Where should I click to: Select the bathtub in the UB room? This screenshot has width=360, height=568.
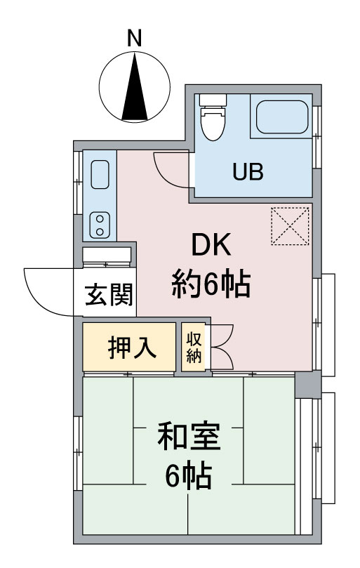(281, 117)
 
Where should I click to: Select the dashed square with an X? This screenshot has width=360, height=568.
(290, 226)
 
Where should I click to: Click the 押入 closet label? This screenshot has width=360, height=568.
(131, 347)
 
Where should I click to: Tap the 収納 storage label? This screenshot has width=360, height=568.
(194, 347)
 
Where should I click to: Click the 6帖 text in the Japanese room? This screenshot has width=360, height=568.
(188, 478)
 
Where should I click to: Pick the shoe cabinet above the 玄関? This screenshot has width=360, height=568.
(107, 255)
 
